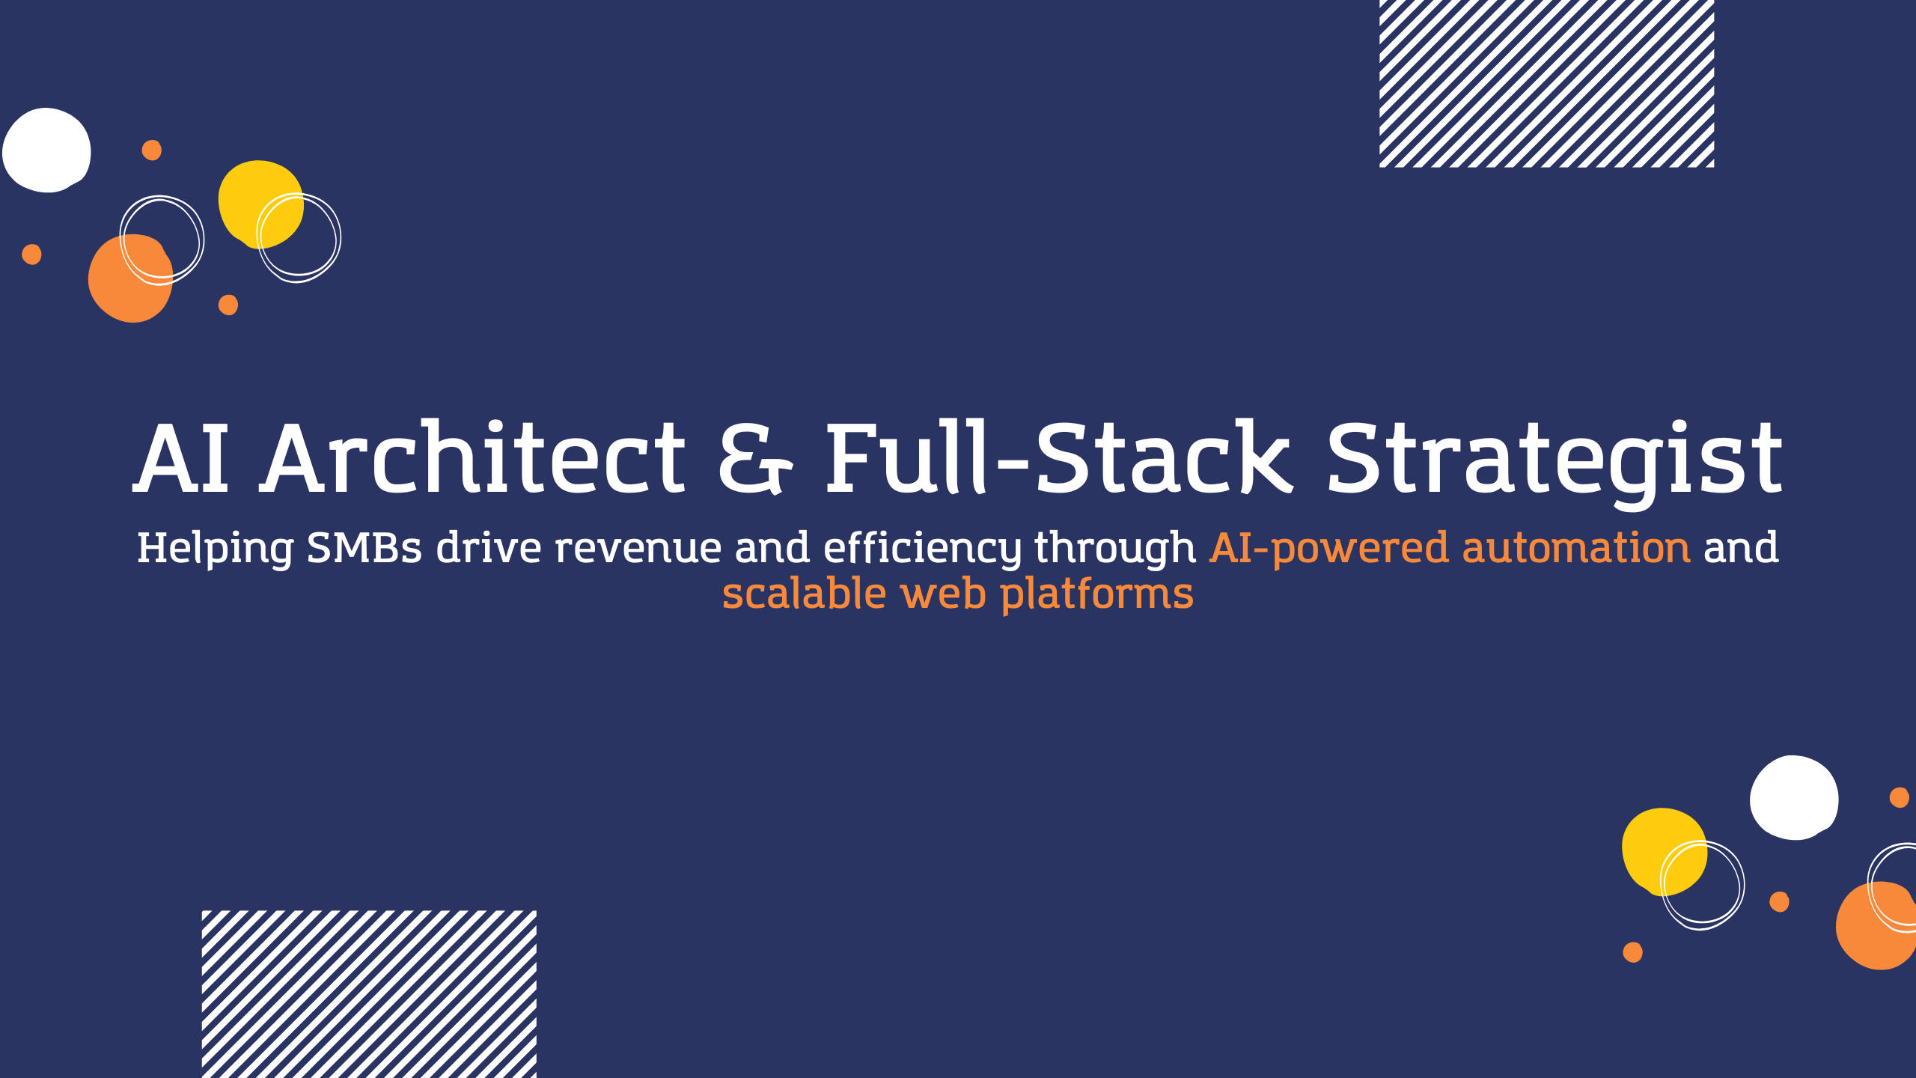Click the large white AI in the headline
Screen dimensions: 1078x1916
point(182,458)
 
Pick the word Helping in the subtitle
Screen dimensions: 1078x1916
point(216,548)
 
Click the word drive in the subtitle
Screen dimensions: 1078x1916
point(489,548)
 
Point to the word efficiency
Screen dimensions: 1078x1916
point(922,548)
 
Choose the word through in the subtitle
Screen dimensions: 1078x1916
point(1115,548)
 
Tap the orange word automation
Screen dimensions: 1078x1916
point(1575,548)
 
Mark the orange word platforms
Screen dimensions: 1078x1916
point(1096,594)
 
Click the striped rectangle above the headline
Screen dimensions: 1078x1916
point(1546,83)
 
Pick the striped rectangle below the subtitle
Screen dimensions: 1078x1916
point(369,994)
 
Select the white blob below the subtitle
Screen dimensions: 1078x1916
point(1793,798)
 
